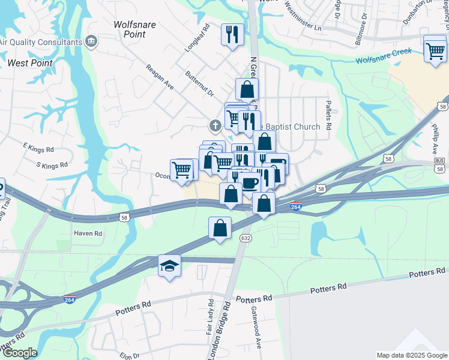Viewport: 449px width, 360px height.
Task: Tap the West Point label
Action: click(30, 63)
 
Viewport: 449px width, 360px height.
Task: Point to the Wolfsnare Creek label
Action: click(384, 56)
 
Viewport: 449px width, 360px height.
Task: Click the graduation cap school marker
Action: click(170, 266)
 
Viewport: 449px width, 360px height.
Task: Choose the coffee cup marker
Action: click(249, 182)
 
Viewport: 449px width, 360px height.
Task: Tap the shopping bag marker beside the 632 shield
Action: click(220, 228)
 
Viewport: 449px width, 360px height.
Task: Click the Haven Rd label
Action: click(88, 233)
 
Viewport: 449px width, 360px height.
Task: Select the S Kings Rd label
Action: click(52, 164)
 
